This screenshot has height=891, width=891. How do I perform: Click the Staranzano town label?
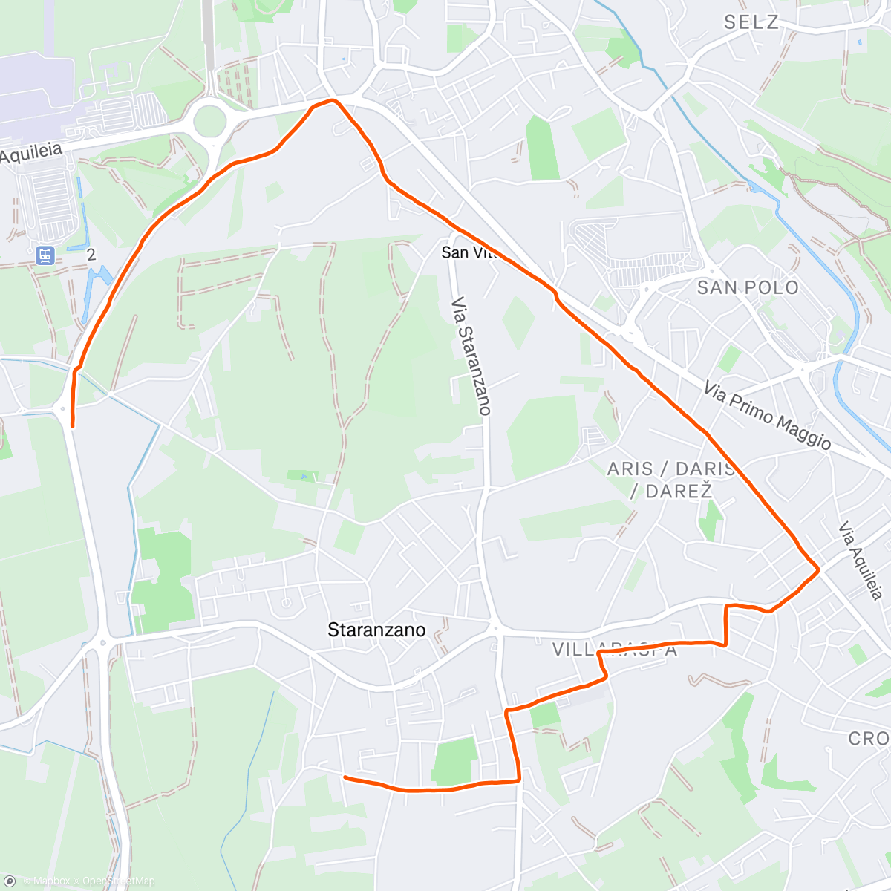pos(376,630)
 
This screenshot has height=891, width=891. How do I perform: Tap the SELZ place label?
pos(751,22)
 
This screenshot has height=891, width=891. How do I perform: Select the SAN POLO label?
pos(748,287)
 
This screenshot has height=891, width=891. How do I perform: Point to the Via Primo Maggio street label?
pos(767,415)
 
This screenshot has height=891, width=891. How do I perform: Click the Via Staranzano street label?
pos(471,356)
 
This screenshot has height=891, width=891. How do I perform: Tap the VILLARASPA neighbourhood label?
pos(615,650)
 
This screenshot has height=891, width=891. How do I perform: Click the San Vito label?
pos(466,252)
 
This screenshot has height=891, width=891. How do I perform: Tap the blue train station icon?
pos(45,255)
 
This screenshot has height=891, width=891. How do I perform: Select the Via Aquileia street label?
pos(861,561)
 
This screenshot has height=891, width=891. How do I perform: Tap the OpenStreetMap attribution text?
pos(118,881)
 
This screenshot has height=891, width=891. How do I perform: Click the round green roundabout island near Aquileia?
pos(209,120)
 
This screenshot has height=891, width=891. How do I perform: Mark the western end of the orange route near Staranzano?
pos(345,777)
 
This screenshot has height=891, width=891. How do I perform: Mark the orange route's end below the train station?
pos(72,425)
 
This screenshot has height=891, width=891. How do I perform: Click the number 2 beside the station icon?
pos(91,255)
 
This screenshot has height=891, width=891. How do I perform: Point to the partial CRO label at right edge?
pos(869,738)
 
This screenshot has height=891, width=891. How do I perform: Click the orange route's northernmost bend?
pos(333,100)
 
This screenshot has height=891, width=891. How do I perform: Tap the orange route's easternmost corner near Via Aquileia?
pos(818,569)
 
